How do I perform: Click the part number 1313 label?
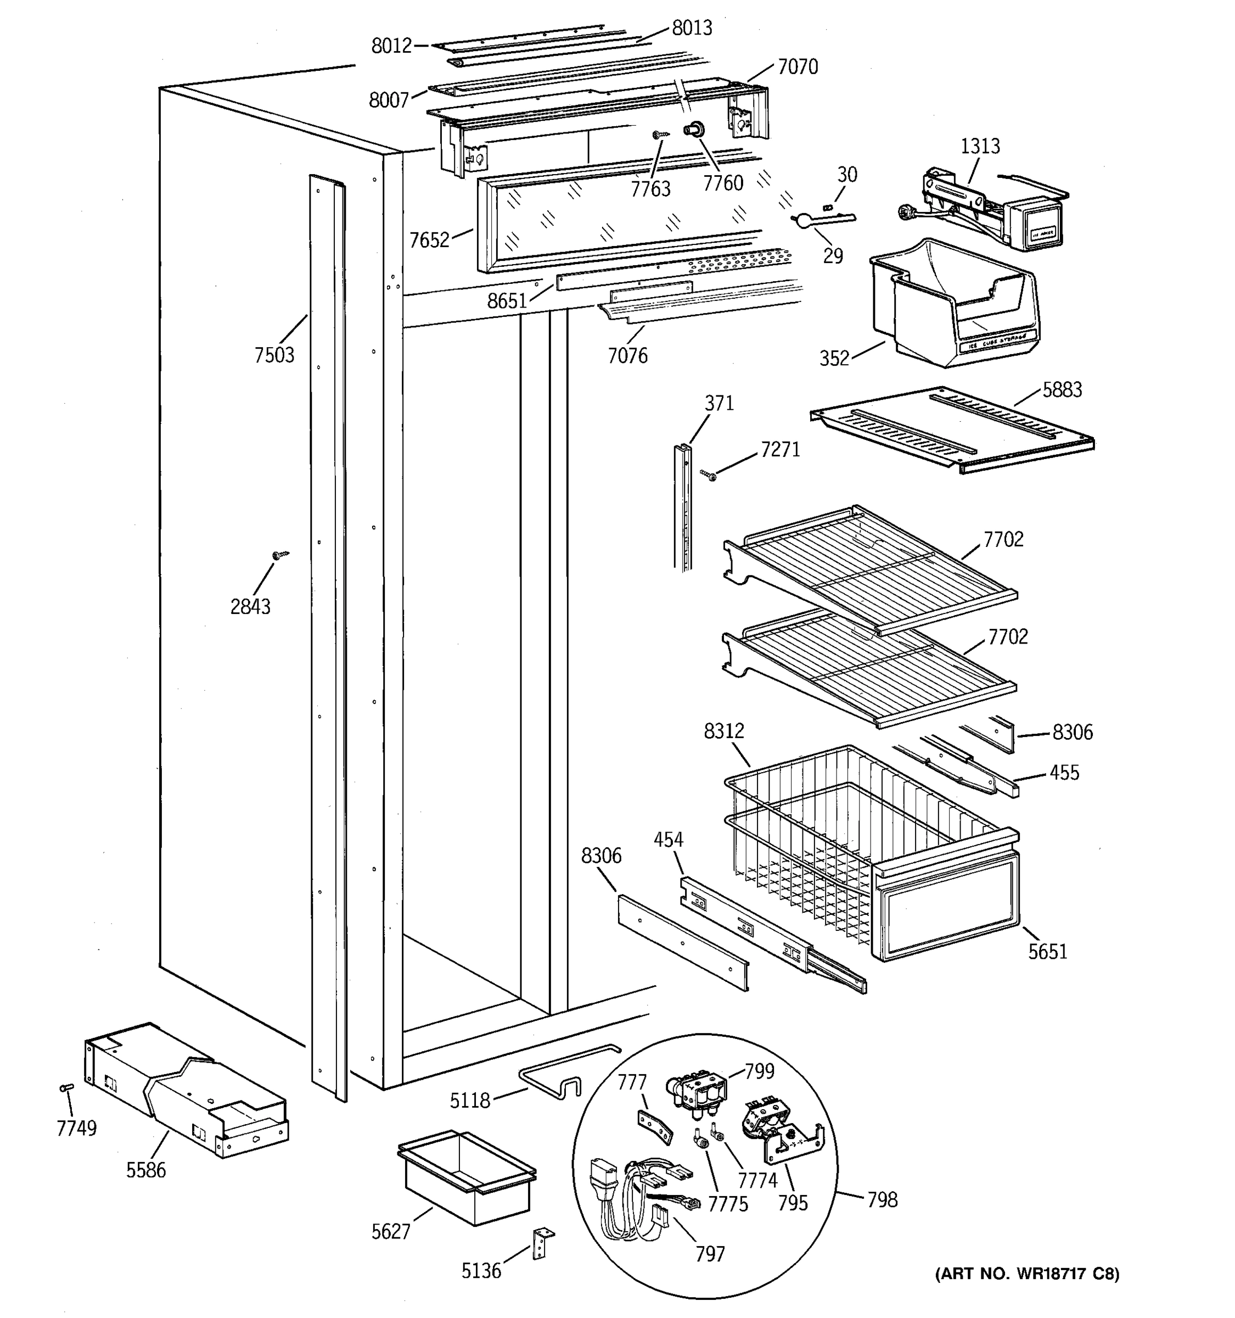click(x=980, y=146)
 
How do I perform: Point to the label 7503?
click(x=274, y=355)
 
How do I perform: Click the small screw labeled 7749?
click(x=66, y=1087)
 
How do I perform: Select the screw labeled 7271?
click(x=708, y=474)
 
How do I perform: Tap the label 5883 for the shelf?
click(x=1062, y=390)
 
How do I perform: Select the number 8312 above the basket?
click(x=723, y=731)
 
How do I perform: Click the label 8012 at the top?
click(x=391, y=46)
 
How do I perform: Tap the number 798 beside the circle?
click(x=882, y=1199)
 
